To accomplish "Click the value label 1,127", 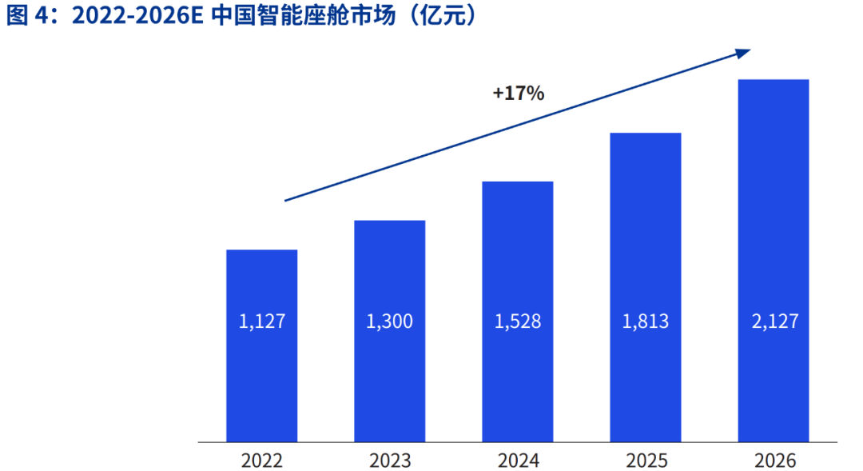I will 261,322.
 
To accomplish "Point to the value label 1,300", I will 389,322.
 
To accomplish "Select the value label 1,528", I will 517,322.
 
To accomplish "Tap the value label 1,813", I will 645,322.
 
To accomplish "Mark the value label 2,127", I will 773,322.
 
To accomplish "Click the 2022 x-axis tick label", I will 261,461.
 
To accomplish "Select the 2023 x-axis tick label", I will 389,461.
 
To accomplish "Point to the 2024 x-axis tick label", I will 517,461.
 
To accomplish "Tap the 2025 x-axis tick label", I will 645,461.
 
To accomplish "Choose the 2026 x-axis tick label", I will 773,461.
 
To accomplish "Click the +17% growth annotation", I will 518,94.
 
